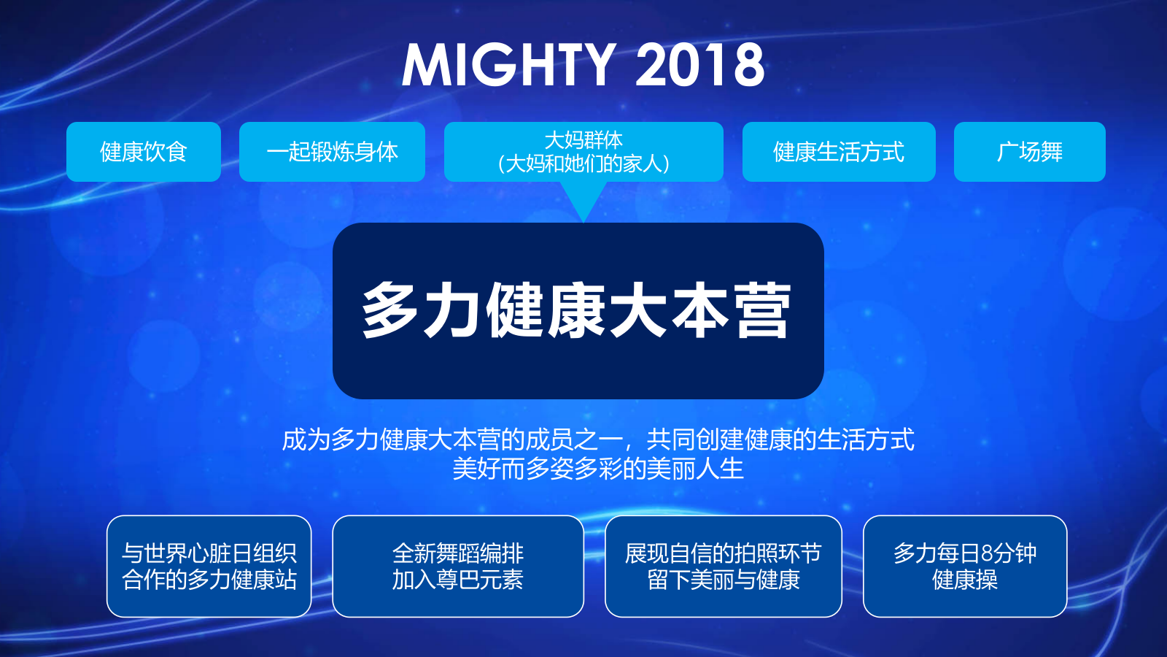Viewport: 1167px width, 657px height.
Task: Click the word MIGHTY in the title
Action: click(x=508, y=65)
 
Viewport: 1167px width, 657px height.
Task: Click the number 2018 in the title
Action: click(x=699, y=65)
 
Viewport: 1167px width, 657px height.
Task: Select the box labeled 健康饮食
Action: click(x=144, y=152)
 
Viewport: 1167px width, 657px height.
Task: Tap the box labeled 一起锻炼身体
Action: click(x=332, y=152)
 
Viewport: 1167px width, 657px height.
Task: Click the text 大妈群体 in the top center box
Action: click(x=583, y=139)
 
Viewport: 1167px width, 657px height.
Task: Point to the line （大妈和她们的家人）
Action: click(x=583, y=164)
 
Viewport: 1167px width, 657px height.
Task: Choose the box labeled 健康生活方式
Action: click(x=839, y=152)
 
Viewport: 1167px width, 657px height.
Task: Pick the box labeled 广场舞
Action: click(x=1029, y=152)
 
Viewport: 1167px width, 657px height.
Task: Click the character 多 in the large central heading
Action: click(x=390, y=311)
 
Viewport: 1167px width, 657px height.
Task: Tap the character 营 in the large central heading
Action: click(x=762, y=311)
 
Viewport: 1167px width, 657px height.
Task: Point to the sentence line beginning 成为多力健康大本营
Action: click(x=598, y=439)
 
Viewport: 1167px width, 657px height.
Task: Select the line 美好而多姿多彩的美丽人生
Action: click(x=598, y=469)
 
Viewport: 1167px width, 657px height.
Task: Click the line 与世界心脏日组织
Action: click(x=209, y=553)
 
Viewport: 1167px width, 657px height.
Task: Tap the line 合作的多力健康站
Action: click(x=209, y=580)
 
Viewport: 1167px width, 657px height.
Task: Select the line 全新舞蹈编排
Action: click(x=458, y=553)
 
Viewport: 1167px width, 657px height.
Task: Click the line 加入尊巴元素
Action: click(x=458, y=580)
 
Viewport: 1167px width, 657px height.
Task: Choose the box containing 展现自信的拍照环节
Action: click(x=723, y=566)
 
